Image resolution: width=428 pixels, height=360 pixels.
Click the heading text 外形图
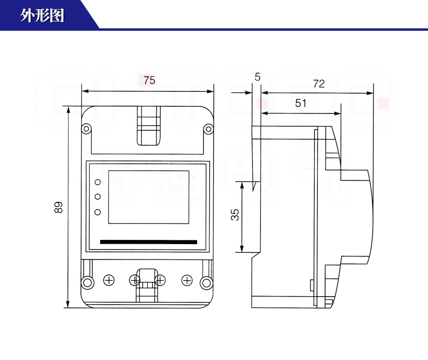click(x=42, y=16)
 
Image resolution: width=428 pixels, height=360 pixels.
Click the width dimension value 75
click(x=149, y=80)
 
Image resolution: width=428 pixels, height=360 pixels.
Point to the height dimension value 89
click(x=58, y=207)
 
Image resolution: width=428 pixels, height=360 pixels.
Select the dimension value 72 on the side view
click(x=318, y=84)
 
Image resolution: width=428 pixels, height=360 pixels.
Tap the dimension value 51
click(x=301, y=103)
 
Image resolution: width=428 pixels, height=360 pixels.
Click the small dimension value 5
click(x=257, y=77)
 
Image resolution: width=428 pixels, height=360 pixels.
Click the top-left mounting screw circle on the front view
click(x=86, y=129)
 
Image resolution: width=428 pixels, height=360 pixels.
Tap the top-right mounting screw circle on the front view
click(x=208, y=129)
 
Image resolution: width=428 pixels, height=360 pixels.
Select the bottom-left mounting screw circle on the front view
click(x=87, y=282)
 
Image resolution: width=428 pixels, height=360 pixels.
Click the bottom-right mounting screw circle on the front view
click(x=207, y=282)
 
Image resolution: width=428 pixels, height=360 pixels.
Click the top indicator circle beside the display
click(x=98, y=182)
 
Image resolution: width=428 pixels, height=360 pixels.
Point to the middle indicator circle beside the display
click(x=98, y=197)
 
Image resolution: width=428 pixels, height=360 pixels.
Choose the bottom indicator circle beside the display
click(x=98, y=212)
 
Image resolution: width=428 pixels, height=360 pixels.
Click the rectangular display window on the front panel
click(x=149, y=197)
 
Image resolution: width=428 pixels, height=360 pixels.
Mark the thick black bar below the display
click(x=149, y=242)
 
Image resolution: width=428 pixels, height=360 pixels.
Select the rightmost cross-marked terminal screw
click(x=187, y=280)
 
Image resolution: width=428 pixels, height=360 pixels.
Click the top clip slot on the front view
click(x=149, y=125)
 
